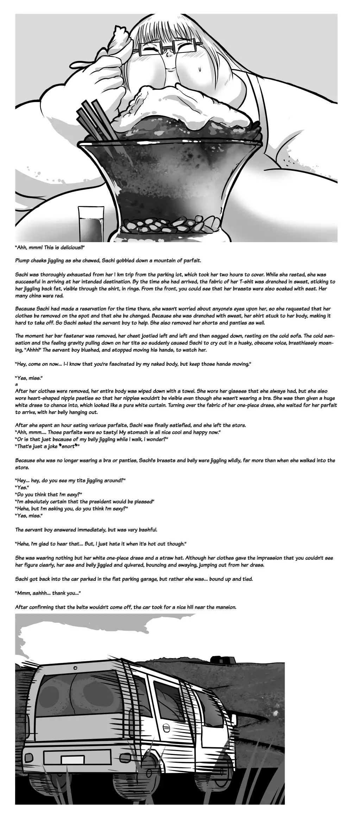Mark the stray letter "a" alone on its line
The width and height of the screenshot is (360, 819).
(17, 384)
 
